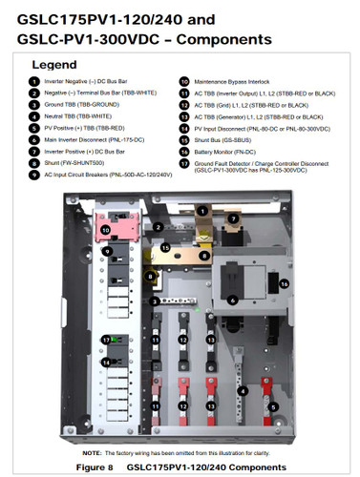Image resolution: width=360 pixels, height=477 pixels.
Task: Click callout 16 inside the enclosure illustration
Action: click(285, 284)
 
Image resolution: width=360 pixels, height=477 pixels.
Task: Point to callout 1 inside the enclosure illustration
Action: click(201, 209)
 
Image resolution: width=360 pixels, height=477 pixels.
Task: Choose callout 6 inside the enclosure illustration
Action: click(232, 300)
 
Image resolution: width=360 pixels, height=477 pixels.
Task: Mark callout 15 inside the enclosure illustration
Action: click(165, 248)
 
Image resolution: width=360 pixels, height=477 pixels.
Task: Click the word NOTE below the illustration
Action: click(93, 452)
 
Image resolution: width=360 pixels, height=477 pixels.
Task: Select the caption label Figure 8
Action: click(97, 467)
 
